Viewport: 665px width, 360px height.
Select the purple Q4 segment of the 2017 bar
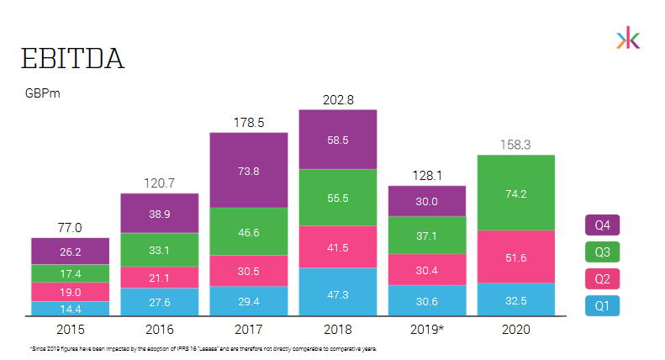(x=248, y=170)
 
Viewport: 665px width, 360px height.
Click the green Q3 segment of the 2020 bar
(x=515, y=193)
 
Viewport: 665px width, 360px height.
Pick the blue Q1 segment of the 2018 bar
(x=337, y=292)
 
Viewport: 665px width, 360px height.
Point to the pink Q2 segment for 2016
(x=159, y=278)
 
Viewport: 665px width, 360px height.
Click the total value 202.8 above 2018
(x=338, y=99)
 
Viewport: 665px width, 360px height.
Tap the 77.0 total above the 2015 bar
(x=70, y=227)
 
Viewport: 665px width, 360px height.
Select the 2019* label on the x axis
(x=426, y=330)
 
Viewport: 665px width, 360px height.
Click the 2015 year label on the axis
(x=70, y=330)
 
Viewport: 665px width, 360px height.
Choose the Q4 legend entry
(x=602, y=225)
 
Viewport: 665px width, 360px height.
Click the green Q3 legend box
(x=602, y=251)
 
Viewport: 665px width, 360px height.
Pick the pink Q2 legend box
(x=602, y=278)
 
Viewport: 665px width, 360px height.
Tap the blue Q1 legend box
(x=602, y=305)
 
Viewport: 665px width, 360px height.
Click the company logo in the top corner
(x=627, y=39)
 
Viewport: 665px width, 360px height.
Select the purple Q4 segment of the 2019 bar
(x=426, y=201)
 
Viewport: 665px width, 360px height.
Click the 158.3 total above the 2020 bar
(x=515, y=145)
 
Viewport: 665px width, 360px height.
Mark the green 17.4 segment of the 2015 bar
(x=70, y=273)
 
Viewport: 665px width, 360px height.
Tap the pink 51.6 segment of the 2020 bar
(x=515, y=257)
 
